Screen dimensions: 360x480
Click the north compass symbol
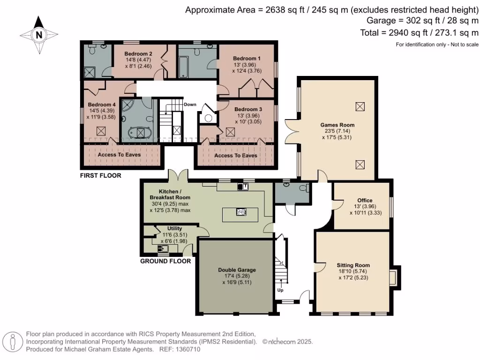pyautogui.click(x=39, y=34)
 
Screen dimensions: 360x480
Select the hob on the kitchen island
pyautogui.click(x=241, y=212)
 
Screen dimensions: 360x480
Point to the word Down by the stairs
pyautogui.click(x=190, y=104)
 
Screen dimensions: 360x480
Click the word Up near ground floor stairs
pyautogui.click(x=281, y=290)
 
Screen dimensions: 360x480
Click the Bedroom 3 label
pyautogui.click(x=248, y=109)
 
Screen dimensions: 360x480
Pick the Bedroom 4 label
pyautogui.click(x=101, y=105)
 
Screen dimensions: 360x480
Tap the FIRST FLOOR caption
pyautogui.click(x=100, y=176)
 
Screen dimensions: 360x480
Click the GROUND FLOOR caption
pyautogui.click(x=165, y=261)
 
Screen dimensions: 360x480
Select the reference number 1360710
pyautogui.click(x=187, y=349)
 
